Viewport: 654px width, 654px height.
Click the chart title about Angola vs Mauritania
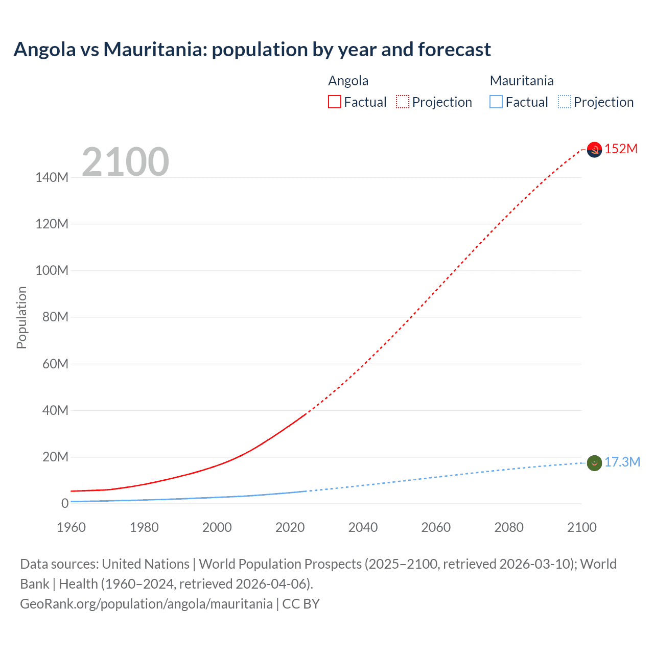pos(252,50)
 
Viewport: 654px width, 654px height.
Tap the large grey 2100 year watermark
pos(125,162)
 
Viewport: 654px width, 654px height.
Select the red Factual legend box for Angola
pos(335,102)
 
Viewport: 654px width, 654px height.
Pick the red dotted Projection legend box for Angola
pos(403,102)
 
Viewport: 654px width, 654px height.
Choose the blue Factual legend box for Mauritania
pos(496,102)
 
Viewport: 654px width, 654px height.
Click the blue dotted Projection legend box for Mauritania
pos(565,102)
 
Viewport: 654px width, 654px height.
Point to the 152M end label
pos(621,149)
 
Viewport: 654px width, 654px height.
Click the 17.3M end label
pos(622,462)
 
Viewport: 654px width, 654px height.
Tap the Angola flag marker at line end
pos(594,150)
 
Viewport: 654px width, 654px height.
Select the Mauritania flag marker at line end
pos(594,463)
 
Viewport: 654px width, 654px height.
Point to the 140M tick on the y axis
pos(52,177)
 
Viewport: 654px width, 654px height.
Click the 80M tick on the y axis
pos(55,317)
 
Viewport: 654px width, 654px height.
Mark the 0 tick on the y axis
pos(65,503)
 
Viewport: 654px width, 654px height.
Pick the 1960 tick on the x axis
pos(71,527)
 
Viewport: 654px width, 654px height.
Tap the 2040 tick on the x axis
pos(363,527)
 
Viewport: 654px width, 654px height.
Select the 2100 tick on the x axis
pos(581,527)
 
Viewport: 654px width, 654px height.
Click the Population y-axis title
pos(21,317)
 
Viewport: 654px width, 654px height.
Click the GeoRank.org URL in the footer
pos(146,604)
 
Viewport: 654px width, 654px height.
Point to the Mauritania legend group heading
pos(521,81)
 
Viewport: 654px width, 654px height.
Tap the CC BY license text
pos(301,604)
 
